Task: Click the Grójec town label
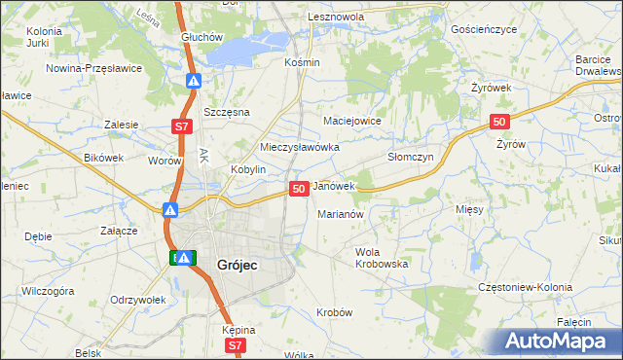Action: pyautogui.click(x=224, y=263)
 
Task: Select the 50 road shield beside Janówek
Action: pyautogui.click(x=299, y=188)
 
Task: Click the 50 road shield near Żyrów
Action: pyautogui.click(x=498, y=122)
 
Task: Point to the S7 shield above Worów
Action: pyautogui.click(x=182, y=126)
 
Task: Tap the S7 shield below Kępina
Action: pyautogui.click(x=234, y=345)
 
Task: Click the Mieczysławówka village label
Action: pyautogui.click(x=299, y=147)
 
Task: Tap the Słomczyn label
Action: pyautogui.click(x=410, y=157)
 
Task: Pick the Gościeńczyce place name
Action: pyautogui.click(x=484, y=30)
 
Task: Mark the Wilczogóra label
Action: pyautogui.click(x=48, y=291)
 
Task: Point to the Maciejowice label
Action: pyautogui.click(x=351, y=121)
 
